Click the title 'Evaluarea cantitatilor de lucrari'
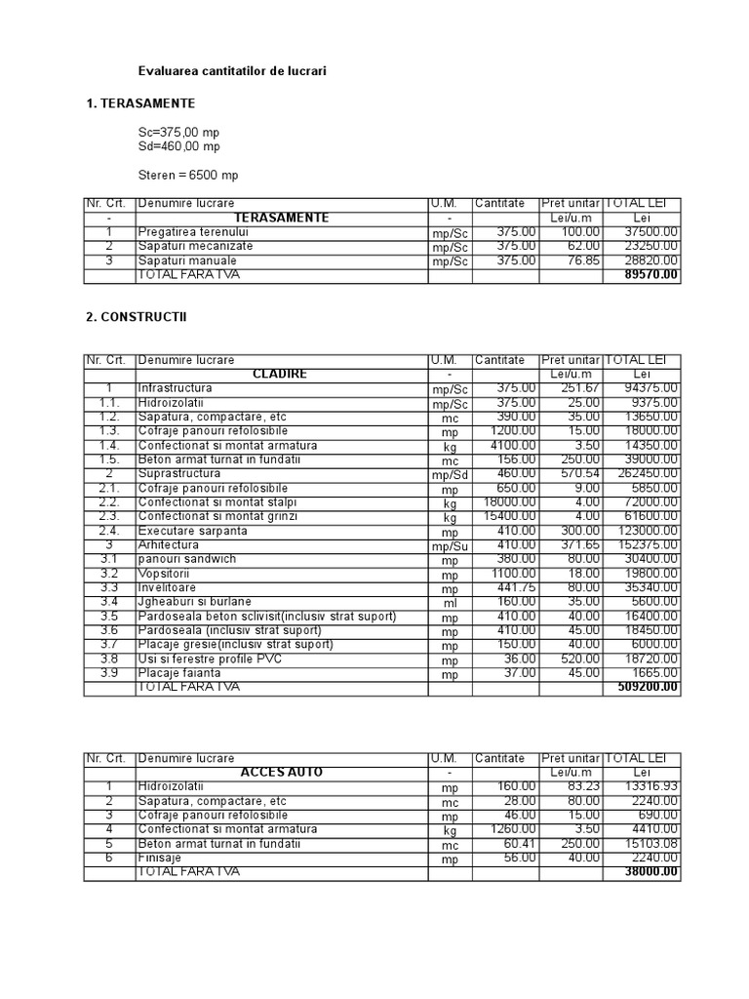(x=232, y=71)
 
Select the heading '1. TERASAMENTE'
(x=140, y=102)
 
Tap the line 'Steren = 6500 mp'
(x=188, y=176)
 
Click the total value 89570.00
(x=651, y=276)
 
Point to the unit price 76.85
(x=579, y=260)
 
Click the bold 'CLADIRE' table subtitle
(x=279, y=375)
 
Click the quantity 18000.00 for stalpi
(x=510, y=502)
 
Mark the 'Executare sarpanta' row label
(x=193, y=531)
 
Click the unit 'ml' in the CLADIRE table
(x=450, y=604)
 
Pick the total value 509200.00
(x=649, y=688)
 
